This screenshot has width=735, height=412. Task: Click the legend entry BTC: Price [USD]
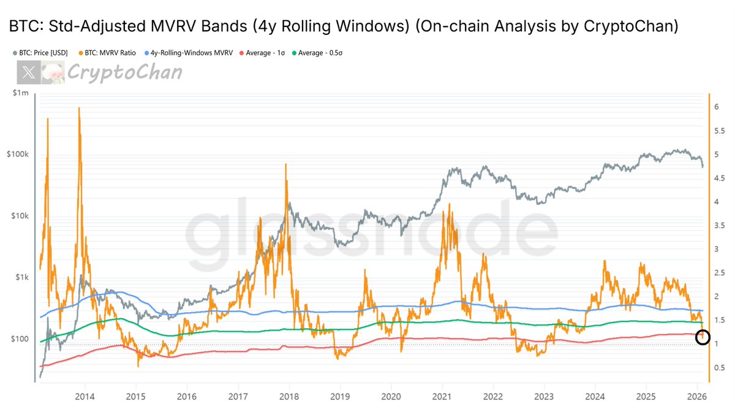click(x=42, y=53)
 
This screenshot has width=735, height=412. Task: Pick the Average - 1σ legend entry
click(x=264, y=53)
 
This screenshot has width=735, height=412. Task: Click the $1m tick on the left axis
click(x=20, y=92)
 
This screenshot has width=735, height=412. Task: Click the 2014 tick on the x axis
click(x=85, y=396)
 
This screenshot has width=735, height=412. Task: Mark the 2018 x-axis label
click(x=289, y=396)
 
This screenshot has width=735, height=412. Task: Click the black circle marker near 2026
click(x=703, y=337)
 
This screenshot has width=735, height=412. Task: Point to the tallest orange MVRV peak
click(x=79, y=108)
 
